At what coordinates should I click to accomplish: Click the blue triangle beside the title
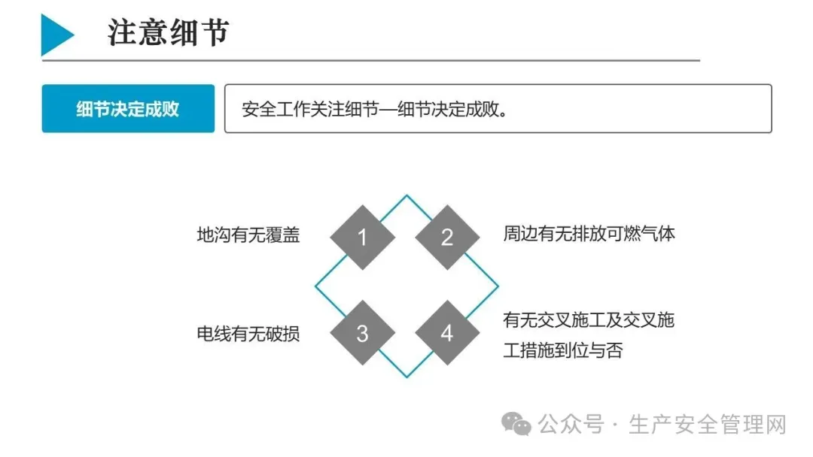[55, 34]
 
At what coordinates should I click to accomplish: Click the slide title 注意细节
[168, 34]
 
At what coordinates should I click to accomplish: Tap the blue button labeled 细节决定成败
[128, 108]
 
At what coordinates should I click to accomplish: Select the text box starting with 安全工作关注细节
[498, 108]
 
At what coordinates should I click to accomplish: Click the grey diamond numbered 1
[362, 238]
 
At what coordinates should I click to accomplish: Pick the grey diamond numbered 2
[447, 238]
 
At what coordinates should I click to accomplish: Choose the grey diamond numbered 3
[362, 333]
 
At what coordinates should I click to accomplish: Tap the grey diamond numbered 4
[447, 333]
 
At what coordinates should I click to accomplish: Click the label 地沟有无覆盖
[248, 235]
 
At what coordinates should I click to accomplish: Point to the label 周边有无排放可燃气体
[589, 234]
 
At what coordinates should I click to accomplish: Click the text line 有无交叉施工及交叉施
[589, 321]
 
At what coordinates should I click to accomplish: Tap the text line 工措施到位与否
[563, 350]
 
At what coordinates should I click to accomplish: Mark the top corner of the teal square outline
[407, 196]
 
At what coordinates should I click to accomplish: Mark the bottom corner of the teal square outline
[407, 377]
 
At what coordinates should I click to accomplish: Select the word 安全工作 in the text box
[271, 109]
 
